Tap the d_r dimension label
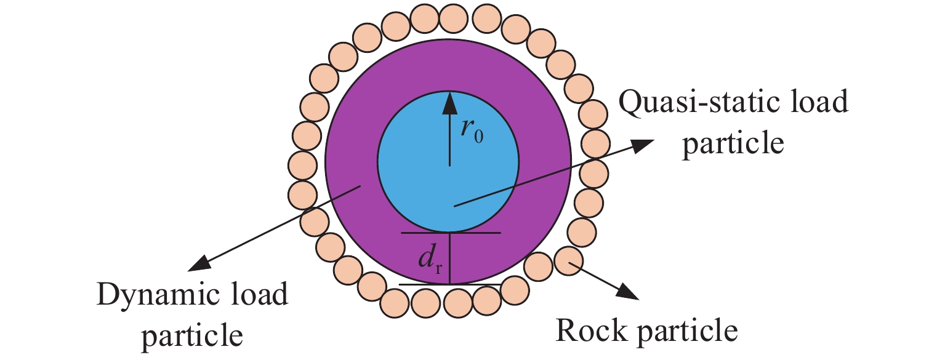429,263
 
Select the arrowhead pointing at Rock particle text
631,292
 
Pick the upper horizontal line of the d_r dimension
451,233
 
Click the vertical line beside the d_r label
449,258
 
